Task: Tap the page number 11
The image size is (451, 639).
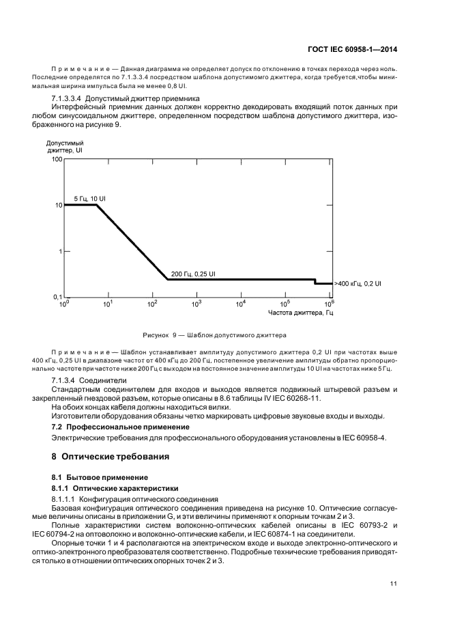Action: click(393, 584)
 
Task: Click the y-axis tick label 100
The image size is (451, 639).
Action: click(57, 158)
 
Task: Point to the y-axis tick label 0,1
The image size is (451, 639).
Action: click(57, 298)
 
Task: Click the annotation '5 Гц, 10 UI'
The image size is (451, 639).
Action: click(90, 198)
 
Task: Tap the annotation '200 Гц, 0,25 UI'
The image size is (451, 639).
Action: click(193, 273)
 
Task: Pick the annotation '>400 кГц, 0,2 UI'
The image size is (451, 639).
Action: click(358, 283)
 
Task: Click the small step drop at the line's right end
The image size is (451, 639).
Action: click(315, 281)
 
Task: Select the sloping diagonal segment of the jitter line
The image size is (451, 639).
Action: click(131, 242)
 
